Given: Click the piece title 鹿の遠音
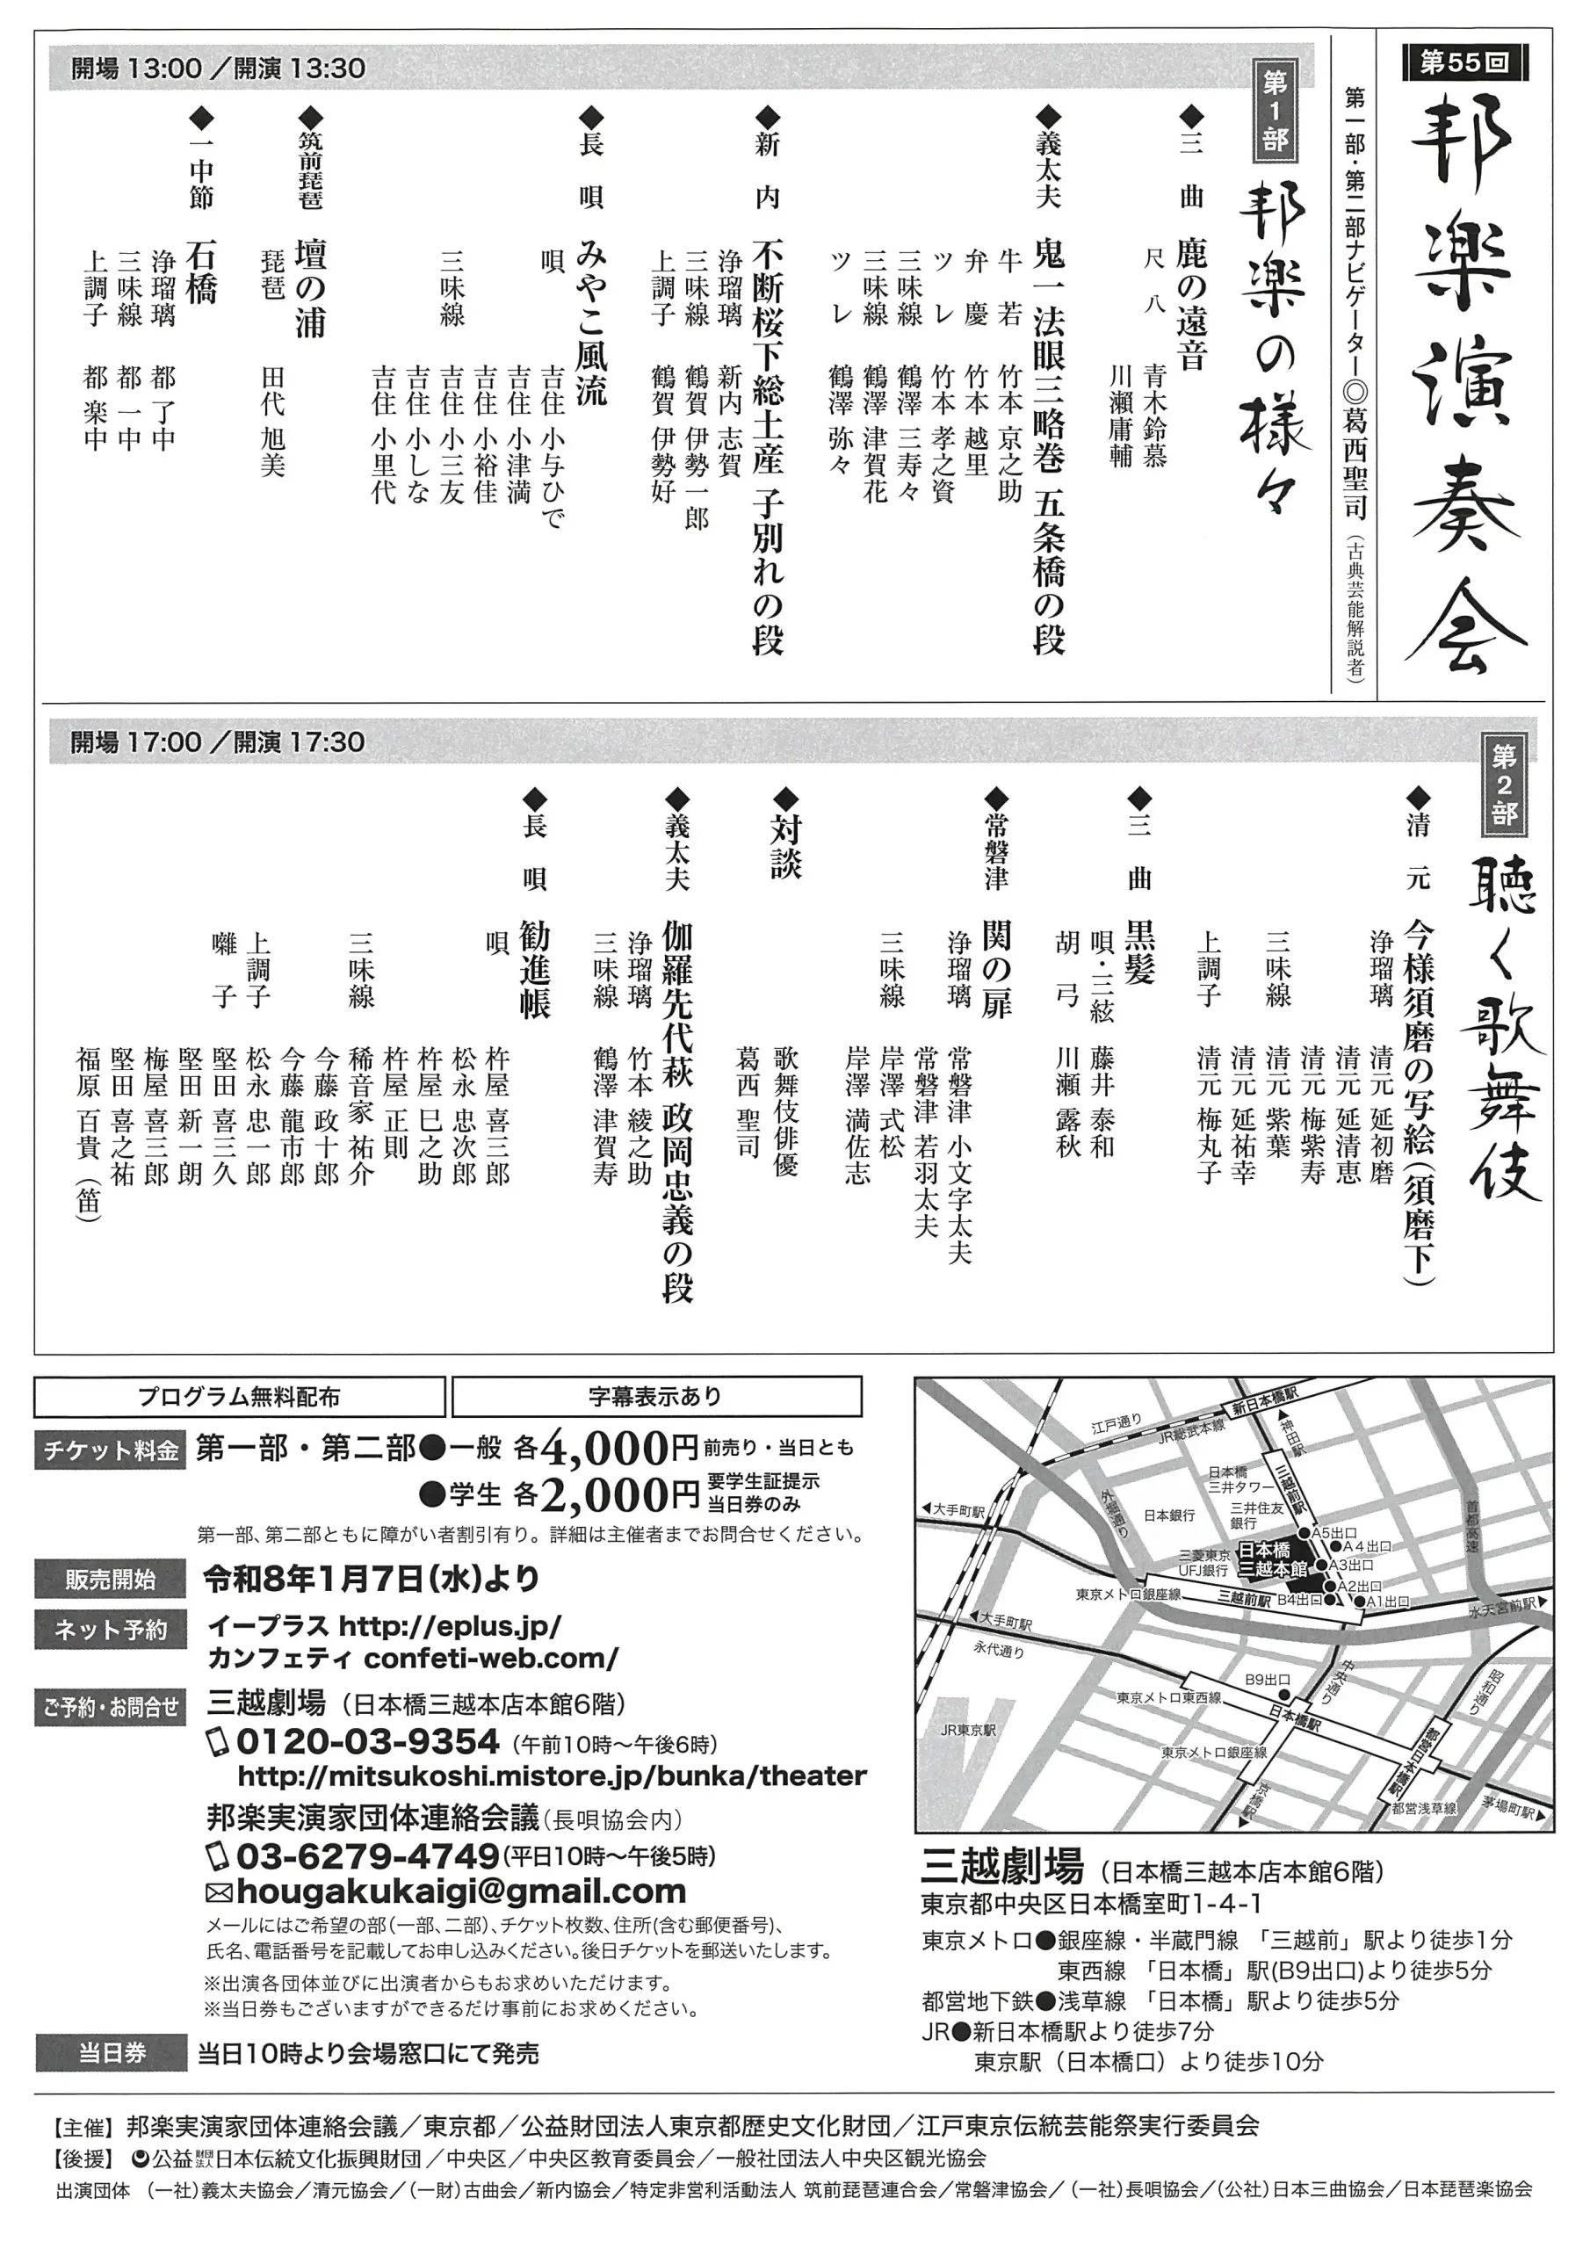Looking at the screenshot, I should (x=1191, y=305).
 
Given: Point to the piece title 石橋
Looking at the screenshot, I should (x=200, y=271).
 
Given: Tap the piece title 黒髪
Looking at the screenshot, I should (x=1139, y=951).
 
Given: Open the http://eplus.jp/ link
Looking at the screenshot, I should (x=450, y=1627).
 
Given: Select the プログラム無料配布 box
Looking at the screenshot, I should (x=239, y=1397).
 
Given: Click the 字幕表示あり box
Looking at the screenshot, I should (x=656, y=1397).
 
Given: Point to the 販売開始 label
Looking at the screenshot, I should (x=110, y=1579).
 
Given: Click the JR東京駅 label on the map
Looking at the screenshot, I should (x=968, y=1730).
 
